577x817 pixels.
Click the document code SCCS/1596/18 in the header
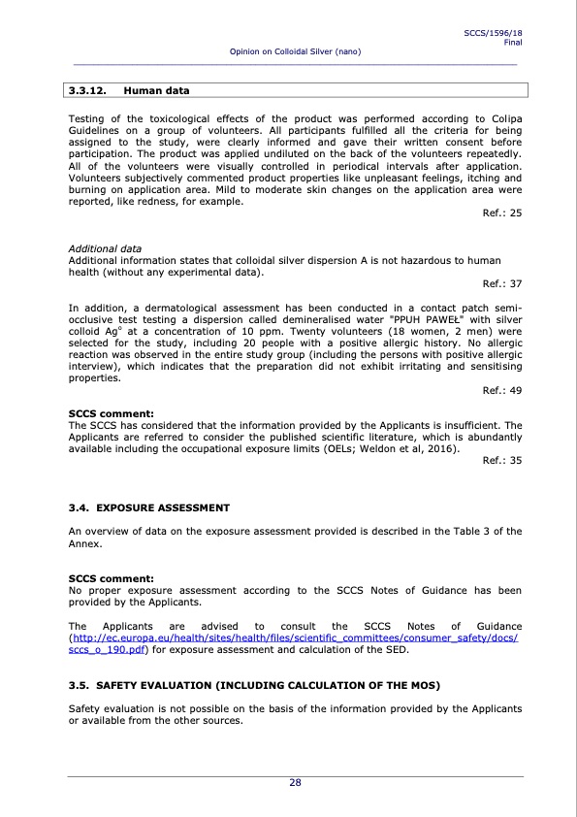click(x=495, y=33)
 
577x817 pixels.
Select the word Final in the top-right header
click(x=513, y=42)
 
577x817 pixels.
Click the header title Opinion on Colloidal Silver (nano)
click(x=295, y=50)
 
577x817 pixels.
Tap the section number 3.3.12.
click(x=86, y=91)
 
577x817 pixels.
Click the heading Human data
click(x=156, y=91)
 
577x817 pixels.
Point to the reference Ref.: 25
click(x=501, y=212)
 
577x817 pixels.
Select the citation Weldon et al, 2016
click(x=411, y=448)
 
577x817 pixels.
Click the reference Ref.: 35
click(x=501, y=460)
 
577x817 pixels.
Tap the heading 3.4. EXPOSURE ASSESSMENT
click(x=149, y=507)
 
